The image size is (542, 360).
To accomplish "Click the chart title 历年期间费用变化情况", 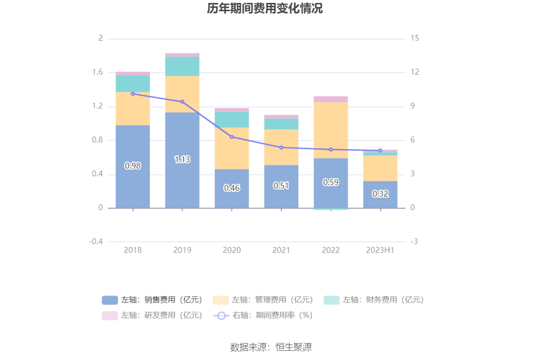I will coord(264,9).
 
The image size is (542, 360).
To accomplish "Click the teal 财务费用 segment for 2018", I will coord(133,84).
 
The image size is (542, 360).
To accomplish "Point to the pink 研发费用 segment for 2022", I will coord(331,99).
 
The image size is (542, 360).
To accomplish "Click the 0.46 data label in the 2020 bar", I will coord(232,188).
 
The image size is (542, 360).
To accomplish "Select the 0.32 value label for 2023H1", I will coord(380,194).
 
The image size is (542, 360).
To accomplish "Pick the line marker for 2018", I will coord(133,94).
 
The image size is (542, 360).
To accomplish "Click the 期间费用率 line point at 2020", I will coord(232,137).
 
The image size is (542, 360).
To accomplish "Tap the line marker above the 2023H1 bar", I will coord(380,150).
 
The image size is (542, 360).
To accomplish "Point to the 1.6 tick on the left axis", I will coord(98,73).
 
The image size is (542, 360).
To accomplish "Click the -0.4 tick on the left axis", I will coord(96,241).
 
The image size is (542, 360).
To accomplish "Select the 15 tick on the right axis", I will coord(414,38).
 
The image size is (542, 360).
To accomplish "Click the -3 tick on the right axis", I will coord(414,241).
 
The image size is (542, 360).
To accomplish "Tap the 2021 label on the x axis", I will coord(281,250).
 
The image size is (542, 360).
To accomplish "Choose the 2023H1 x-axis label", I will coord(380,250).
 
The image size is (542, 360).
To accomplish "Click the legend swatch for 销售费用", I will coord(110,300).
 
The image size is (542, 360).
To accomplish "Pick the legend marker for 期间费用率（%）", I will coord(221,315).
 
